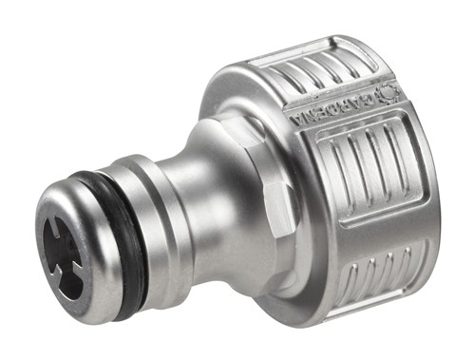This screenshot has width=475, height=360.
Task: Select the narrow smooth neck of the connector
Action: tap(204, 204)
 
